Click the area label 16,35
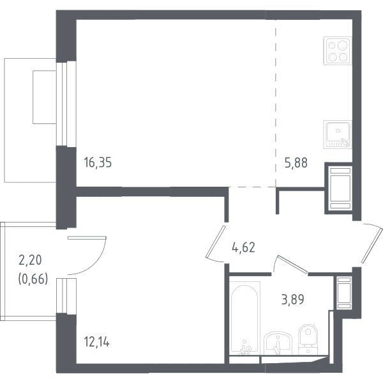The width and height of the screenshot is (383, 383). tap(98, 162)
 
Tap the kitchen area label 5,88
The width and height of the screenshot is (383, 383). tap(296, 163)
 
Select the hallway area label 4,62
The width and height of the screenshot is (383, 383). tap(244, 247)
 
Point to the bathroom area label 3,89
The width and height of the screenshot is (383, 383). tap(292, 299)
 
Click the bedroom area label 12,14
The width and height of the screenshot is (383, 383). tap(97, 341)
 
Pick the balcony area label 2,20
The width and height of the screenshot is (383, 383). tap(30, 260)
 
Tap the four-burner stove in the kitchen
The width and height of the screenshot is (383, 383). tap(338, 51)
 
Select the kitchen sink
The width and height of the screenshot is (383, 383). tap(338, 134)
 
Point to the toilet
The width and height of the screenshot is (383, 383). tap(308, 340)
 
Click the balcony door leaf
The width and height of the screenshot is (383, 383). tap(87, 238)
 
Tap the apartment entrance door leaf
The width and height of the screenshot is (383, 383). tap(372, 246)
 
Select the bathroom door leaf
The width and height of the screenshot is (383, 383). tap(292, 264)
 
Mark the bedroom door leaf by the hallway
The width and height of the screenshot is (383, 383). tap(216, 242)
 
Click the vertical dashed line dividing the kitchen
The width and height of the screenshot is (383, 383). tap(276, 104)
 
